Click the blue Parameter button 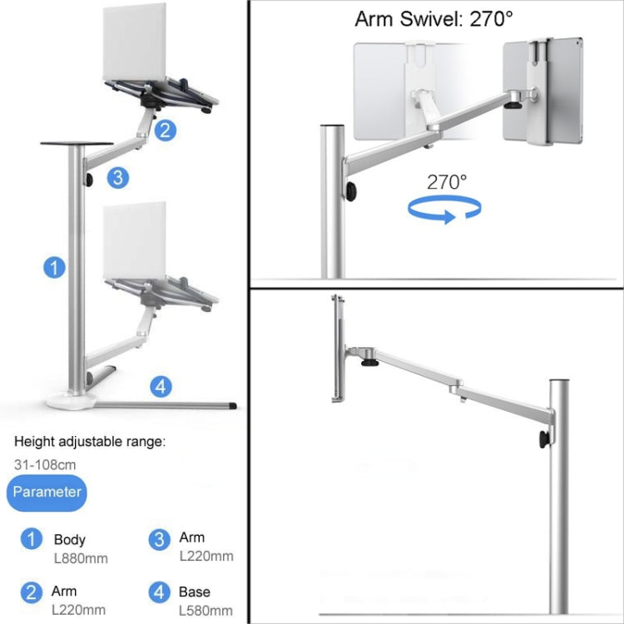coord(47,492)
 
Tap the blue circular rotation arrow coord(448,210)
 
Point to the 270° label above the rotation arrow coord(448,182)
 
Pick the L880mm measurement coord(81,559)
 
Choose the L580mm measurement coord(206,610)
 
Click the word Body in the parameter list coord(69,540)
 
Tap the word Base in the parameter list coord(194,592)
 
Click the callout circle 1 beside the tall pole coord(54,267)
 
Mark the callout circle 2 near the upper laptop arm coord(165,129)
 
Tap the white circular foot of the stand coord(70,401)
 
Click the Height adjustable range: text coord(90,443)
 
